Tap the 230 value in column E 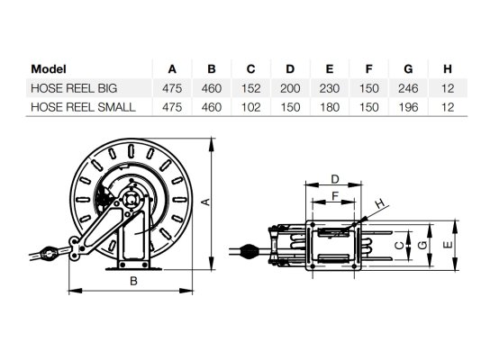pyautogui.click(x=328, y=89)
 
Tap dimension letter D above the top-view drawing pyautogui.click(x=333, y=179)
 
